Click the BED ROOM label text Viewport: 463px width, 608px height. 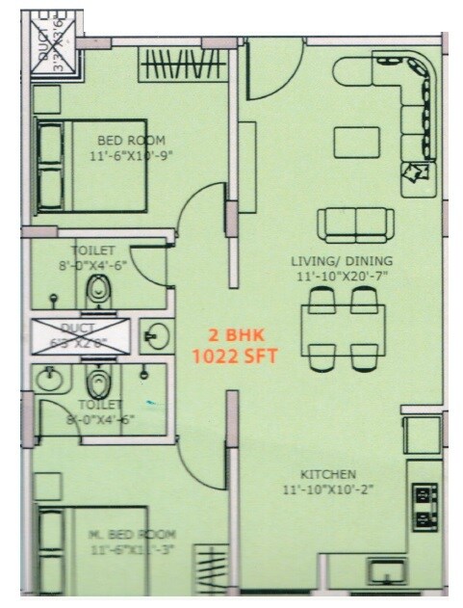[x=131, y=140]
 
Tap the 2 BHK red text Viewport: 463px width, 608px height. [x=236, y=335]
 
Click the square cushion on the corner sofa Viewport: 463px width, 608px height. [x=415, y=172]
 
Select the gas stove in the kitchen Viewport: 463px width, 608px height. [x=422, y=507]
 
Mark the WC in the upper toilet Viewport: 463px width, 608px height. [x=96, y=290]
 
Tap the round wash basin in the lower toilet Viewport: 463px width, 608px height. [x=49, y=380]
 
